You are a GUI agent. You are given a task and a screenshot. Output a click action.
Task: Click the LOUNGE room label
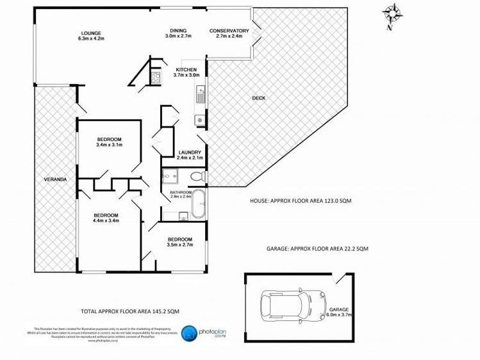point(90,33)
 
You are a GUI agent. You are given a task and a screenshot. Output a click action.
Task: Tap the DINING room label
point(178,31)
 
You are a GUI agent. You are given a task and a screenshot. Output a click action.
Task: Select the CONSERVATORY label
point(229,31)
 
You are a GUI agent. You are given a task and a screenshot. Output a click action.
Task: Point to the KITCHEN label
point(186,69)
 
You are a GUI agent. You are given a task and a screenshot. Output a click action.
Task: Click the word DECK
point(258,98)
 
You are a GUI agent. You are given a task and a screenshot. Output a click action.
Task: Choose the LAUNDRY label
point(190,152)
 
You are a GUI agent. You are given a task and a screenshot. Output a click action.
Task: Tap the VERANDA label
point(56,179)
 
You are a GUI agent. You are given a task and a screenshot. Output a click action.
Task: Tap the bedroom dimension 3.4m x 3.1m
point(108,145)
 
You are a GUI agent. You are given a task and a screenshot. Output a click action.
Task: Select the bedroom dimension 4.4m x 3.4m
point(106,221)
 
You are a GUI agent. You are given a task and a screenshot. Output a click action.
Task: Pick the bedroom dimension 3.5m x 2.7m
point(179,244)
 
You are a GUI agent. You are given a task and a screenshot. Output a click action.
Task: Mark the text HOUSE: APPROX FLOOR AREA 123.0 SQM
point(300,200)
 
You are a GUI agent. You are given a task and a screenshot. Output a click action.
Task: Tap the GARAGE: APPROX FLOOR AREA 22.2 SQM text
point(317,248)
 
